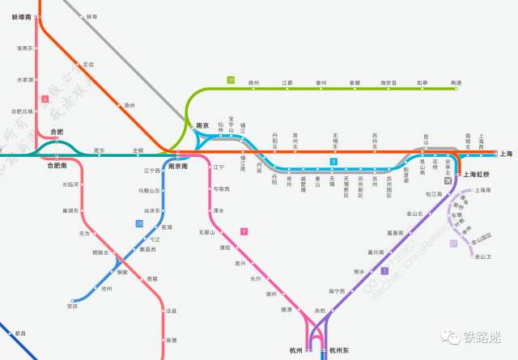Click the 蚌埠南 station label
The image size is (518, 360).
(22, 16)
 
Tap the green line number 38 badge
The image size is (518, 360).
(231, 79)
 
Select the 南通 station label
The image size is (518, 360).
(456, 83)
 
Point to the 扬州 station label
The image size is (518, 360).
(253, 83)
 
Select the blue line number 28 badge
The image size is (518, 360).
(139, 223)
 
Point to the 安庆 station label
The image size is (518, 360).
(73, 307)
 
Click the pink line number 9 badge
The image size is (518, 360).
(244, 231)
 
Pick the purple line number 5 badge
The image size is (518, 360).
(385, 270)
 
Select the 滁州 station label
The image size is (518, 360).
(129, 105)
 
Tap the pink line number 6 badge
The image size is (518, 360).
(45, 99)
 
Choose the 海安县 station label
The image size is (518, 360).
(389, 83)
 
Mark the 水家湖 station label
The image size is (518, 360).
(25, 79)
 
